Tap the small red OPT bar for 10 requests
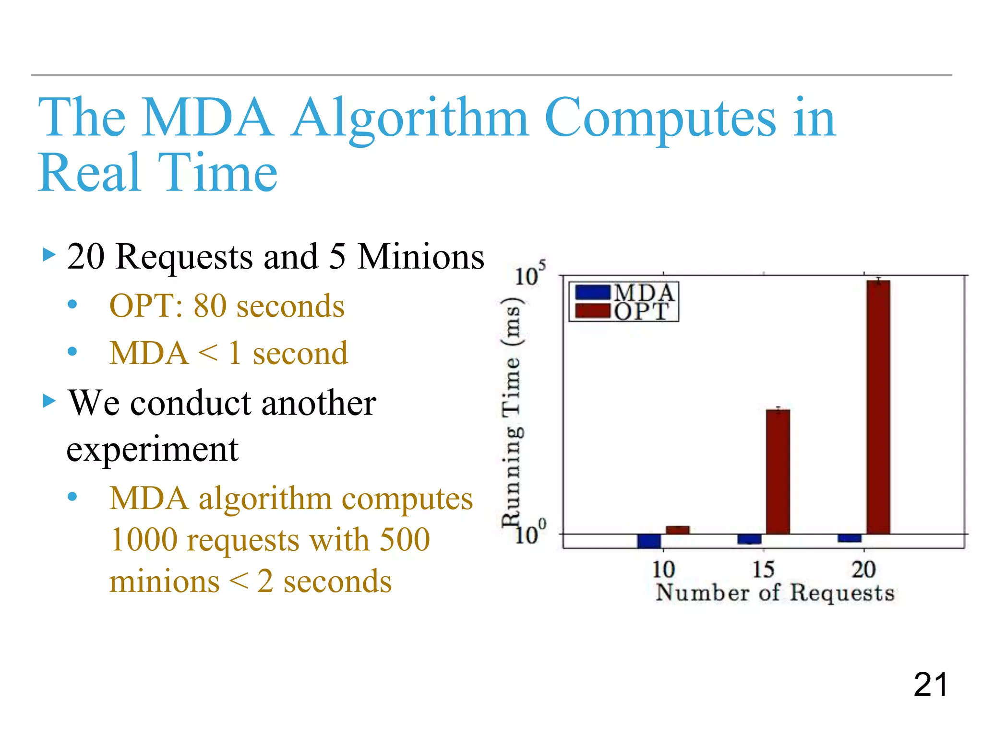[677, 530]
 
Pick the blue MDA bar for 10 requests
[649, 541]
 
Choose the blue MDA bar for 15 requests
[749, 539]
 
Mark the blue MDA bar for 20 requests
[850, 538]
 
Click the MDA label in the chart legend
[644, 293]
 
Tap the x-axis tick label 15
[763, 570]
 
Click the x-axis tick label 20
[863, 570]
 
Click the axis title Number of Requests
[775, 593]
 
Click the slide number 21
[930, 684]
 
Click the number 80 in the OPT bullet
[210, 306]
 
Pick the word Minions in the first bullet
[421, 257]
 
